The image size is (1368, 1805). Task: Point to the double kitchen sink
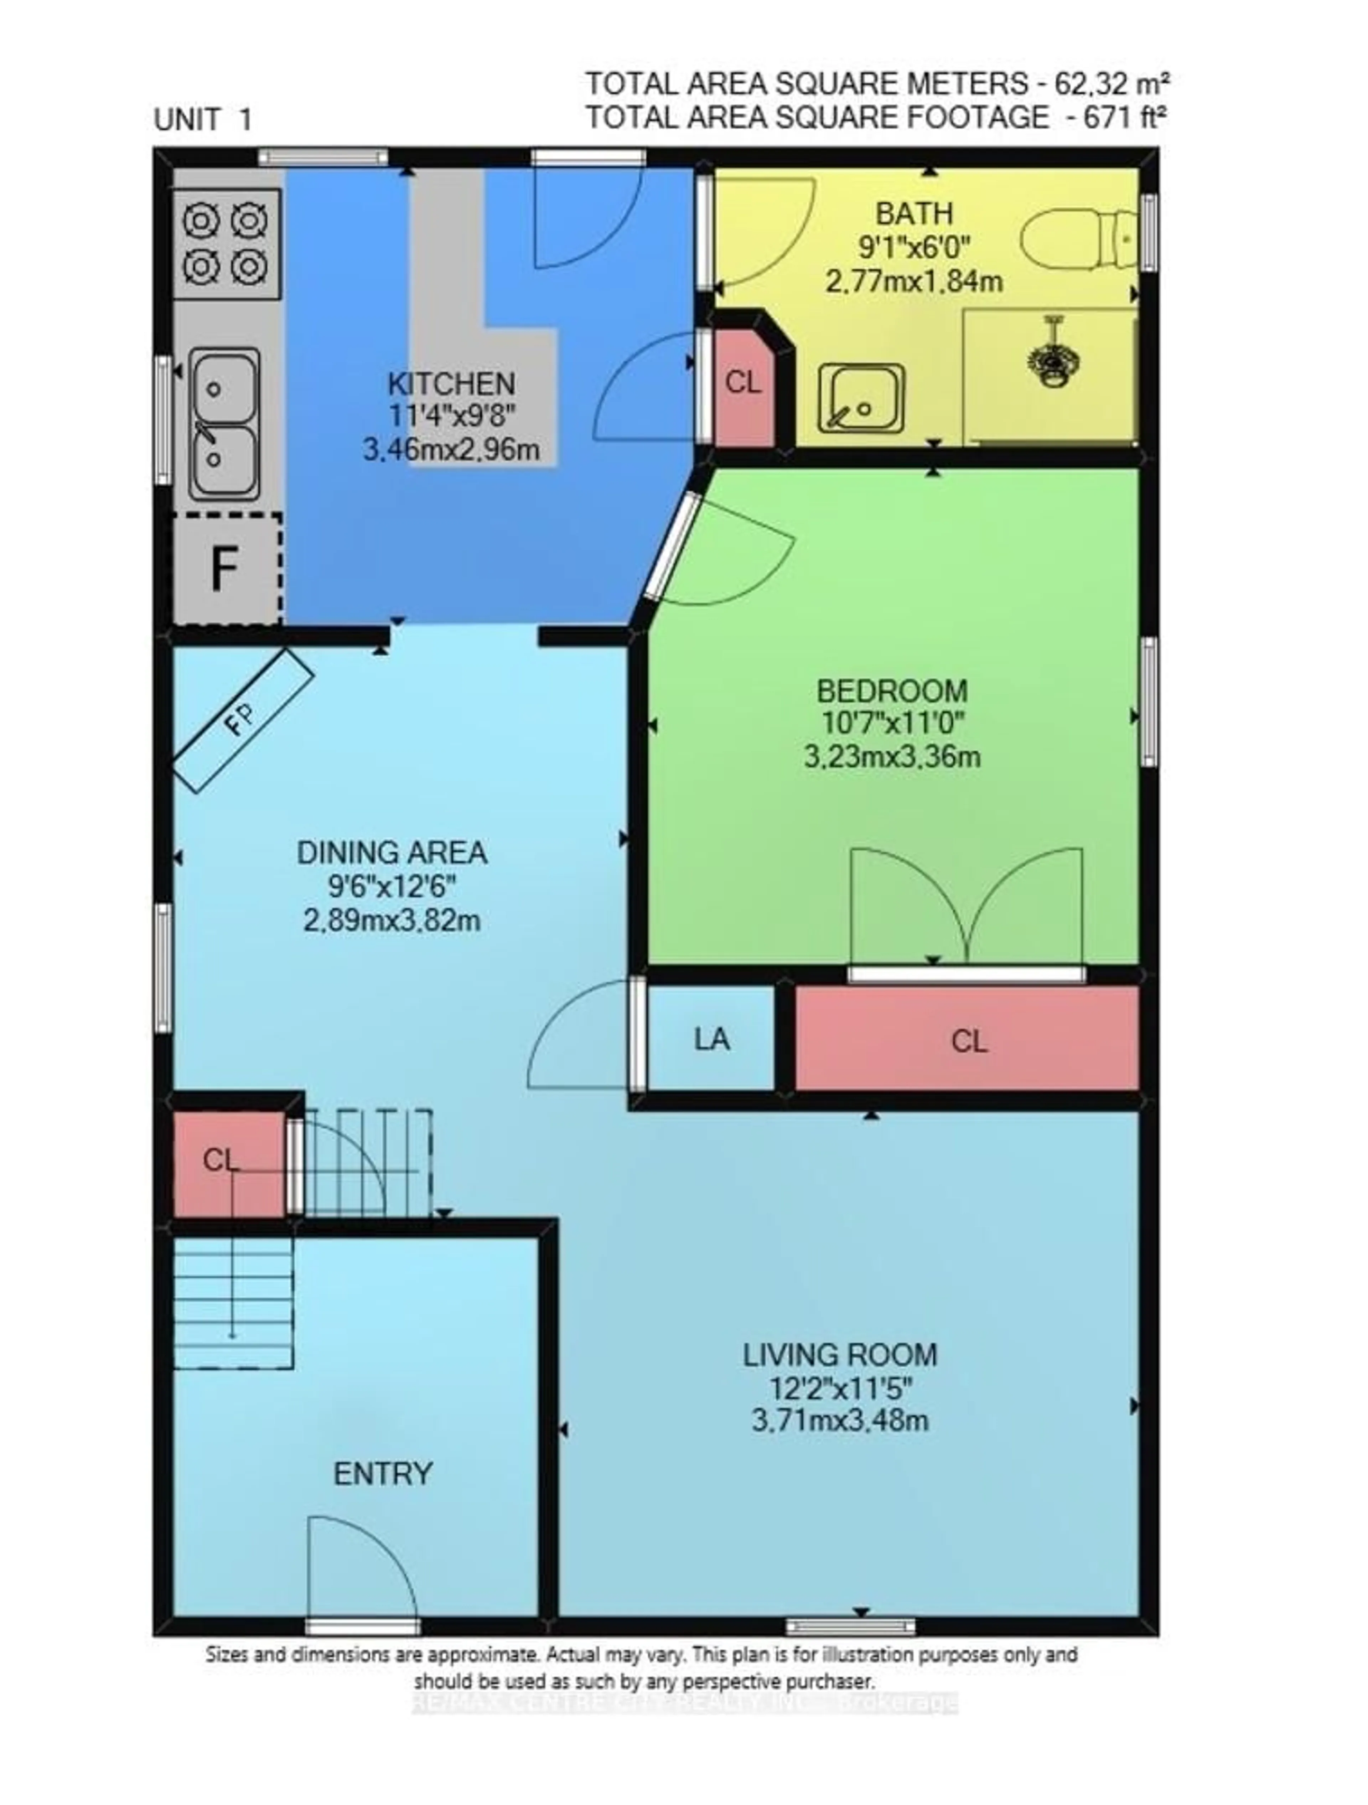tap(224, 424)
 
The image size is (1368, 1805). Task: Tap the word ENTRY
tap(383, 1474)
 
